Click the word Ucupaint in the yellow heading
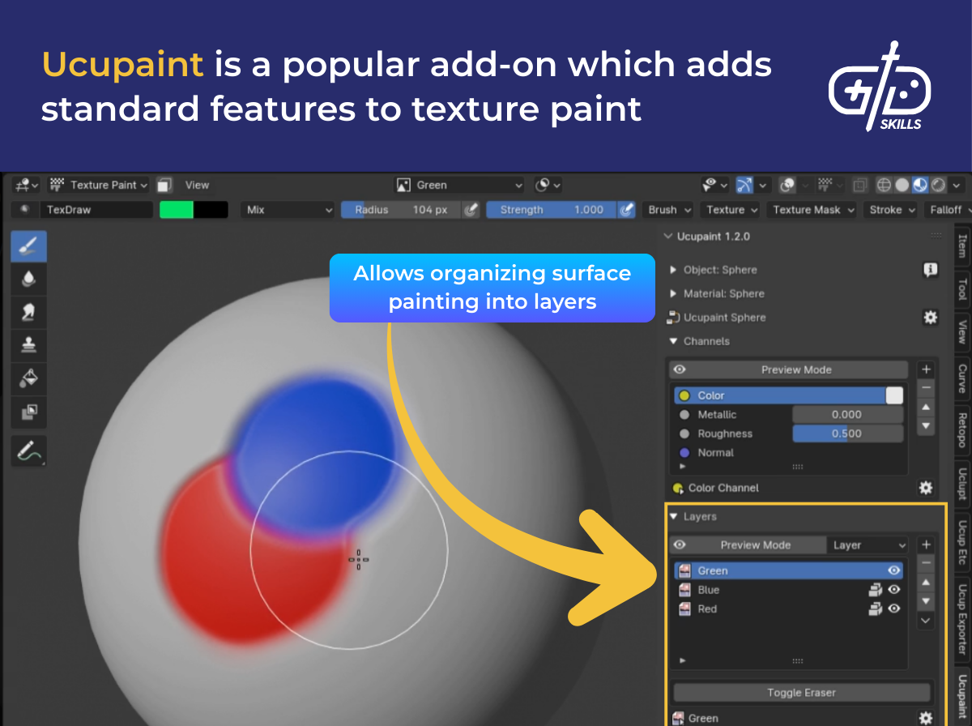122,64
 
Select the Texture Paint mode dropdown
100,185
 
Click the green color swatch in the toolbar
177,210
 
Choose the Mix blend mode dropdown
288,210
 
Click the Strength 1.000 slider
552,210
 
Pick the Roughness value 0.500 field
846,433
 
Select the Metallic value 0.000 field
846,414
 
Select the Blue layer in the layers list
709,590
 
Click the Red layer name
707,609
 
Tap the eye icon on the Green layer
893,570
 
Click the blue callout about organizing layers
492,288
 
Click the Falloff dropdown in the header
946,210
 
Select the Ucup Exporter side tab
962,618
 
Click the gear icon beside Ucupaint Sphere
930,318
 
